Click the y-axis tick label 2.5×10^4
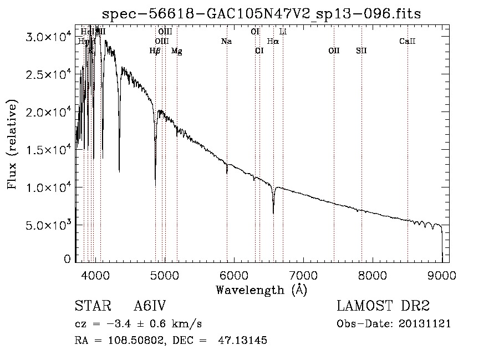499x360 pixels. pyautogui.click(x=49, y=75)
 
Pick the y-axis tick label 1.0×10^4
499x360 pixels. pyautogui.click(x=49, y=187)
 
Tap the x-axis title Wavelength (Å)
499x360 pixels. pyautogui.click(x=261, y=290)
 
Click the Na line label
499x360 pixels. pyautogui.click(x=226, y=41)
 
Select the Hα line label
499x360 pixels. pyautogui.click(x=273, y=41)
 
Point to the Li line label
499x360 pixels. pyautogui.click(x=283, y=32)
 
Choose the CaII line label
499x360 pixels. pyautogui.click(x=408, y=41)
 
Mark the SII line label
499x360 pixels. pyautogui.click(x=361, y=51)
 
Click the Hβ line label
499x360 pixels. pyautogui.click(x=155, y=51)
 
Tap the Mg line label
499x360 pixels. pyautogui.click(x=176, y=51)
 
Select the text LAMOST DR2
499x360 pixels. pyautogui.click(x=383, y=306)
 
